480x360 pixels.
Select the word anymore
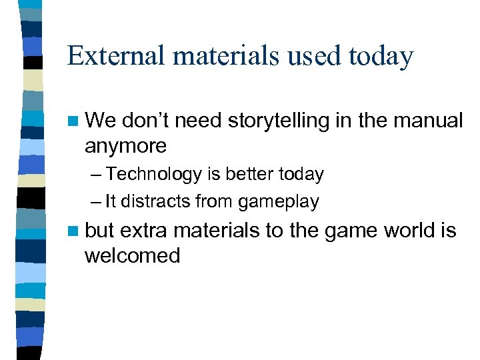pyautogui.click(x=125, y=145)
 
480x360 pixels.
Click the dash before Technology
pyautogui.click(x=97, y=175)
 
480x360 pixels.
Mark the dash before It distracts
pyautogui.click(x=97, y=201)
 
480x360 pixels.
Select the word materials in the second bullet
pyautogui.click(x=216, y=231)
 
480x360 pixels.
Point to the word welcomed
pyautogui.click(x=132, y=255)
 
